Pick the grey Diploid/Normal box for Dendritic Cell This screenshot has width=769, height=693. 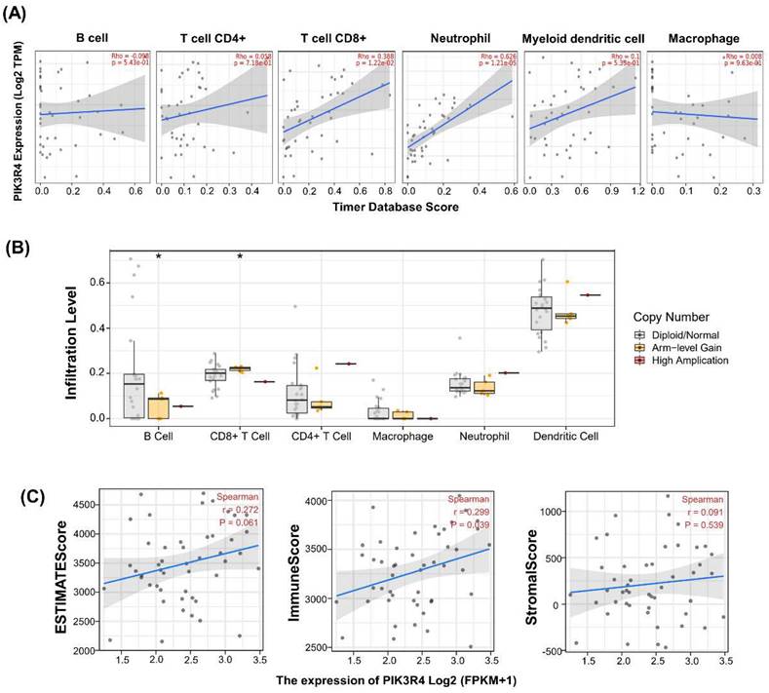(x=542, y=315)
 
